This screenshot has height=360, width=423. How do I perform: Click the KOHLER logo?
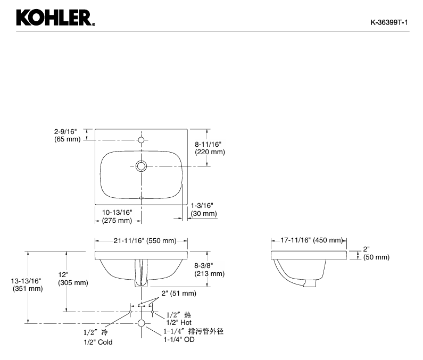tap(55, 18)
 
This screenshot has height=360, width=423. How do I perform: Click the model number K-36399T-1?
tap(389, 22)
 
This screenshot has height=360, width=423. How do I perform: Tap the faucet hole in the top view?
tap(141, 140)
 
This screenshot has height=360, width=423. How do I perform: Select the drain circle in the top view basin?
tap(141, 166)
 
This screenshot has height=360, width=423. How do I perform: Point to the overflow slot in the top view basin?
tap(141, 198)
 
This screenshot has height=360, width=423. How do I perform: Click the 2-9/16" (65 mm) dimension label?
tap(67, 136)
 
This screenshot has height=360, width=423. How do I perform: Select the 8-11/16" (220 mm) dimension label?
tap(210, 148)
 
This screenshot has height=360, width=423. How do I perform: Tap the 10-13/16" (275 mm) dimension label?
tap(117, 216)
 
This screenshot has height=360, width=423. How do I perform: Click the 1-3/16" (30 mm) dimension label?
tap(204, 210)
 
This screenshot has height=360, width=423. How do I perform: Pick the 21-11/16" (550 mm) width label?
tap(145, 240)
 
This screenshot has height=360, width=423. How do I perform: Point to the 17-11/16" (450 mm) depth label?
tap(312, 240)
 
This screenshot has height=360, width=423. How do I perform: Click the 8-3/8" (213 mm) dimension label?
tap(209, 270)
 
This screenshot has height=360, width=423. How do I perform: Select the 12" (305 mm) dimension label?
tap(73, 279)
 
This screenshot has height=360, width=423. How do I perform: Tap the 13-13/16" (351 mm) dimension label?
tap(28, 285)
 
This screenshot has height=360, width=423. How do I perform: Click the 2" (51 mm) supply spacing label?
tap(179, 293)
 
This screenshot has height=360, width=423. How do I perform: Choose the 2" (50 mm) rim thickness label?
tap(376, 253)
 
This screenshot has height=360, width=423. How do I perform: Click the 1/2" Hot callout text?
tap(179, 322)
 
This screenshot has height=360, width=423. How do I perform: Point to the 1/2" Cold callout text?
tap(98, 342)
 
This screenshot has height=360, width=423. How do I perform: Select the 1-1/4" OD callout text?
tap(179, 339)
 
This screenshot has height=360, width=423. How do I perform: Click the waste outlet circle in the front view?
tap(141, 323)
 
